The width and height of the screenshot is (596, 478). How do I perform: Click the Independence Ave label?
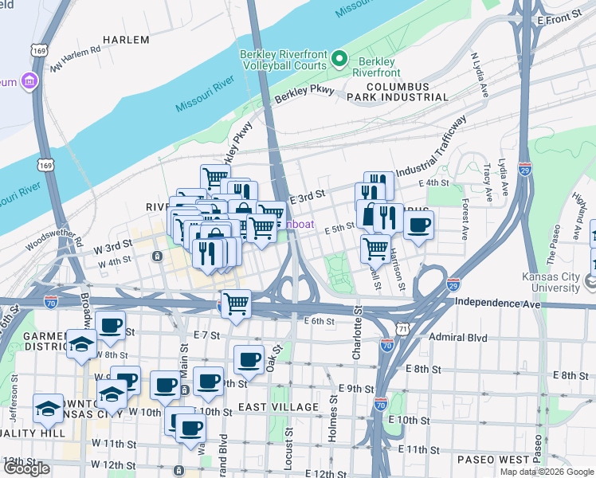point(497,304)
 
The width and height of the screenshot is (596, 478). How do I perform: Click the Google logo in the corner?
point(27,468)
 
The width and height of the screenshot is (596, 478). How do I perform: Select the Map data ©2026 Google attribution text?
point(546,472)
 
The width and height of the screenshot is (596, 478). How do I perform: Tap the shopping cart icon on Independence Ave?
point(236,303)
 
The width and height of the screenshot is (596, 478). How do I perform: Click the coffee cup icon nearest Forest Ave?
point(418,224)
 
